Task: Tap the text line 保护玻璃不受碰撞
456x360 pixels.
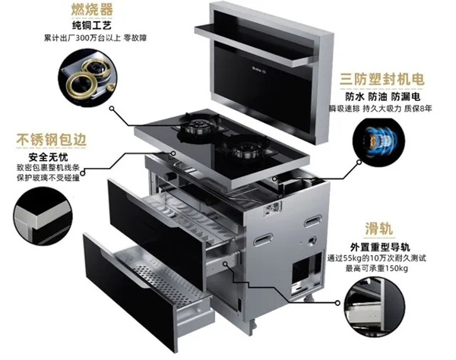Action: coord(43,181)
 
